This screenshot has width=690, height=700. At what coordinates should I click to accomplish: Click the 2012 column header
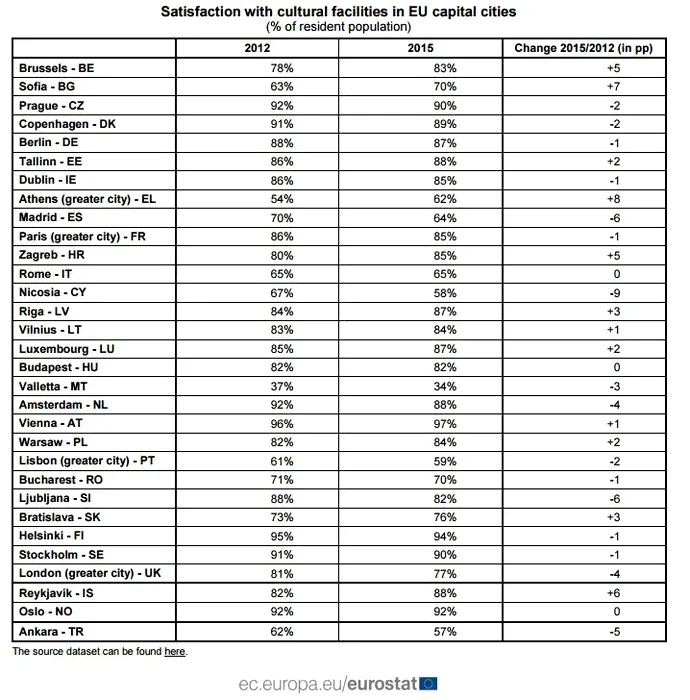click(x=257, y=48)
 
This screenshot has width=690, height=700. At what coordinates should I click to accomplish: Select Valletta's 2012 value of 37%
click(x=257, y=386)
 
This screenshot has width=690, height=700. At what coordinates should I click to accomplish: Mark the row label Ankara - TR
click(x=50, y=631)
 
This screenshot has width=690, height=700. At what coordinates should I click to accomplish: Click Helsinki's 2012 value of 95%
click(x=257, y=537)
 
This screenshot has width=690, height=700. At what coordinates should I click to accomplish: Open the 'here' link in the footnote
click(x=175, y=652)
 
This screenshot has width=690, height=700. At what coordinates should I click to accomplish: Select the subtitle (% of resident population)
click(x=345, y=26)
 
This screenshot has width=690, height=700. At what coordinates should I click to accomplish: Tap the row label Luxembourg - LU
click(x=62, y=349)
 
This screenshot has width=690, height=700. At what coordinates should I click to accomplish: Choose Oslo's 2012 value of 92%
click(x=257, y=612)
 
